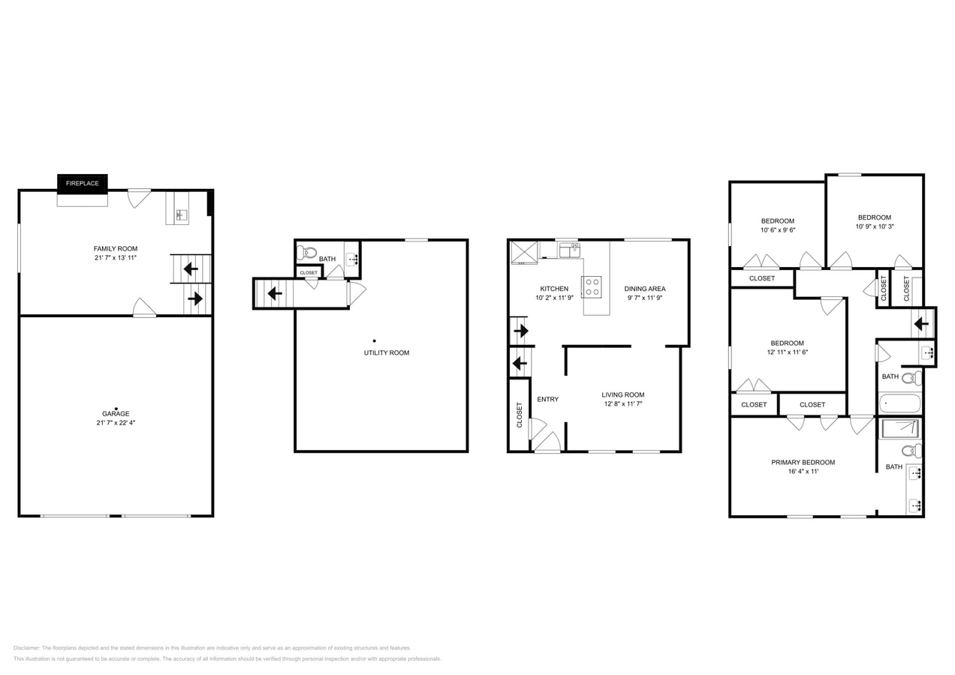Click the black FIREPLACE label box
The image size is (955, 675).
pyautogui.click(x=82, y=183)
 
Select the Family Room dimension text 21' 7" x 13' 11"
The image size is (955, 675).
pyautogui.click(x=116, y=258)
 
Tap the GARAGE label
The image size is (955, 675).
pyautogui.click(x=116, y=413)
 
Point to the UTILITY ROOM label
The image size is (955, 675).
pyautogui.click(x=386, y=352)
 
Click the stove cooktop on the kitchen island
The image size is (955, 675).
pyautogui.click(x=591, y=286)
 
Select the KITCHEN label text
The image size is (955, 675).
pyautogui.click(x=554, y=289)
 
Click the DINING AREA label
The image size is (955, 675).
pyautogui.click(x=644, y=289)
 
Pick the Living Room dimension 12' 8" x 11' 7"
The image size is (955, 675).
pyautogui.click(x=622, y=404)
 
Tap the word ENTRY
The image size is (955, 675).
pyautogui.click(x=547, y=399)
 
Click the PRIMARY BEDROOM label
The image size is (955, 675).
pyautogui.click(x=803, y=463)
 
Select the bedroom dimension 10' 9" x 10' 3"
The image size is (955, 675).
pyautogui.click(x=874, y=226)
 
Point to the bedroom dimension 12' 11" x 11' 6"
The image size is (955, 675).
pyautogui.click(x=786, y=352)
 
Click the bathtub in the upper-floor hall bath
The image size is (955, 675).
pyautogui.click(x=899, y=403)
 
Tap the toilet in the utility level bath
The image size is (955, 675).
pyautogui.click(x=306, y=252)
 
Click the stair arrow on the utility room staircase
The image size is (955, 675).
pyautogui.click(x=275, y=293)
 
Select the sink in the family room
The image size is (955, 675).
pyautogui.click(x=180, y=215)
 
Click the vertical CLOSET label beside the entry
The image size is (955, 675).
pyautogui.click(x=519, y=415)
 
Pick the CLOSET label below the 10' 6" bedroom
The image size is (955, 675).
pyautogui.click(x=761, y=278)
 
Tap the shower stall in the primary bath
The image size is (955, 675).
pyautogui.click(x=899, y=429)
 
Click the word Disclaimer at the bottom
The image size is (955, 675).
pyautogui.click(x=26, y=648)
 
